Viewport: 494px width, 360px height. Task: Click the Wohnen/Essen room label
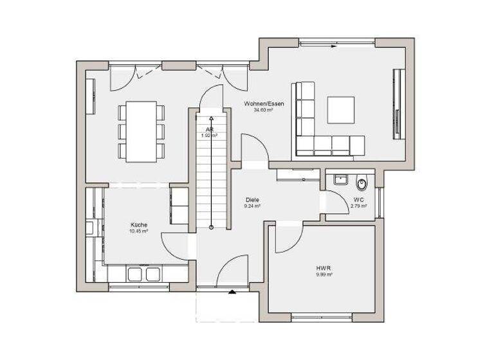tap(264, 104)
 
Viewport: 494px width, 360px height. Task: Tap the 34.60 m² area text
tap(264, 110)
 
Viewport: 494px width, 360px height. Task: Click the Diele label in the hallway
tap(252, 200)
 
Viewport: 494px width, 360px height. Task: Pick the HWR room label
tap(323, 267)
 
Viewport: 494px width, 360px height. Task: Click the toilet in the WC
tap(363, 183)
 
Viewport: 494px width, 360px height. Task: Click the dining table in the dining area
tap(141, 130)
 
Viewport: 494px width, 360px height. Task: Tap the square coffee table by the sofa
tap(341, 110)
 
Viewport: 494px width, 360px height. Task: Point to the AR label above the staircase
tap(209, 129)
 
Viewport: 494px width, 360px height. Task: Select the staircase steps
tap(211, 180)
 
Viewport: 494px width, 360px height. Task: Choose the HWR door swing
tap(286, 238)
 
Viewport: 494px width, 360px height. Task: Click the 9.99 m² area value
tap(323, 274)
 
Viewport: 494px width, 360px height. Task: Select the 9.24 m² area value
tap(252, 206)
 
